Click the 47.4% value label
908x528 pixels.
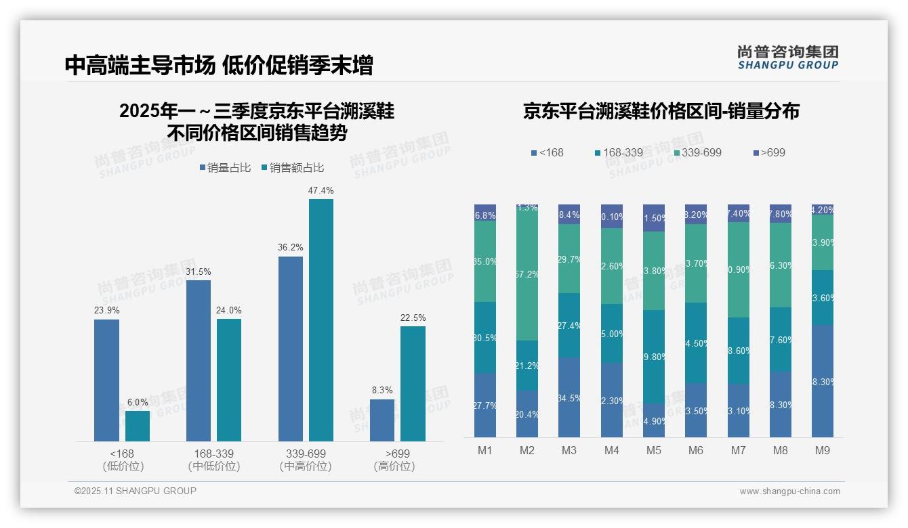[x=321, y=191]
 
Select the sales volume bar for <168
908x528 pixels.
[x=106, y=380]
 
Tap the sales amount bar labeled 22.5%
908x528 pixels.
[x=413, y=384]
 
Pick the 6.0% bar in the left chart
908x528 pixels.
[x=138, y=426]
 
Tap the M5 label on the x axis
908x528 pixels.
[x=653, y=450]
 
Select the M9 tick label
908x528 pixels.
[x=822, y=450]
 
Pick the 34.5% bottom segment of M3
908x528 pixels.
[x=569, y=397]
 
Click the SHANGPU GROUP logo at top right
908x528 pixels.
[x=787, y=58]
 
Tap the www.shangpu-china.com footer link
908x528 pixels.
[x=789, y=491]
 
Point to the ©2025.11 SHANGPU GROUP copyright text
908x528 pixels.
[x=136, y=491]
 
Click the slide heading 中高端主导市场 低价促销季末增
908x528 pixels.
[x=219, y=66]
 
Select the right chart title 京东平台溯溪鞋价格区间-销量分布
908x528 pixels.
[x=661, y=111]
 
